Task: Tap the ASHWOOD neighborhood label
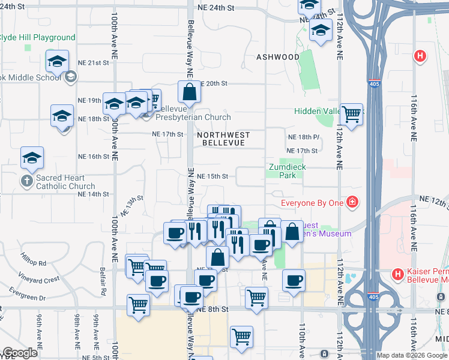[278, 57]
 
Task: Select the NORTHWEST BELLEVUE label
[223, 139]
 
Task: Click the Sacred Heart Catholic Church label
[65, 182]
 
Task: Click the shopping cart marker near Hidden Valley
[351, 113]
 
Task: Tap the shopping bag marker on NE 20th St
[189, 92]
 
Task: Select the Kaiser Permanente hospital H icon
[397, 275]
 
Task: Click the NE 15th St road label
[214, 176]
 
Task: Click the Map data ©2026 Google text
[412, 355]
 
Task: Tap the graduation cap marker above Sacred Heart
[32, 158]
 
